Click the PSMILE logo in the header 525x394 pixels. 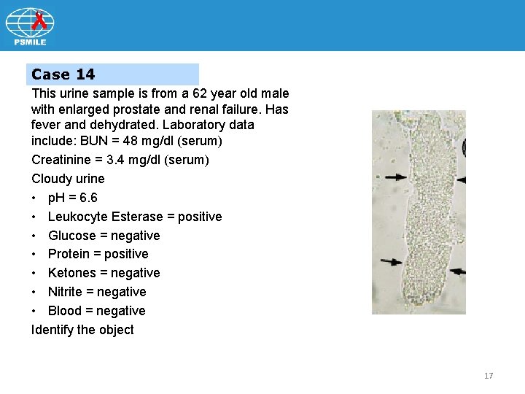(x=30, y=26)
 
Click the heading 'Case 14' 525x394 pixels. (x=63, y=74)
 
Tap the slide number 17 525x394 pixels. (x=489, y=376)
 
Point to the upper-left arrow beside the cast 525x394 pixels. (x=397, y=177)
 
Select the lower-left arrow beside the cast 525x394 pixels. (x=391, y=261)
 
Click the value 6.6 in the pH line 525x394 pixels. (x=88, y=198)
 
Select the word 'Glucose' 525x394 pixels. (x=72, y=236)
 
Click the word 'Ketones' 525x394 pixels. (x=72, y=273)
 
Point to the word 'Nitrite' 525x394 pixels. (x=67, y=292)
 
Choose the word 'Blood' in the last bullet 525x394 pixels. (x=66, y=311)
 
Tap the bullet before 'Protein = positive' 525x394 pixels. (x=35, y=254)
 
